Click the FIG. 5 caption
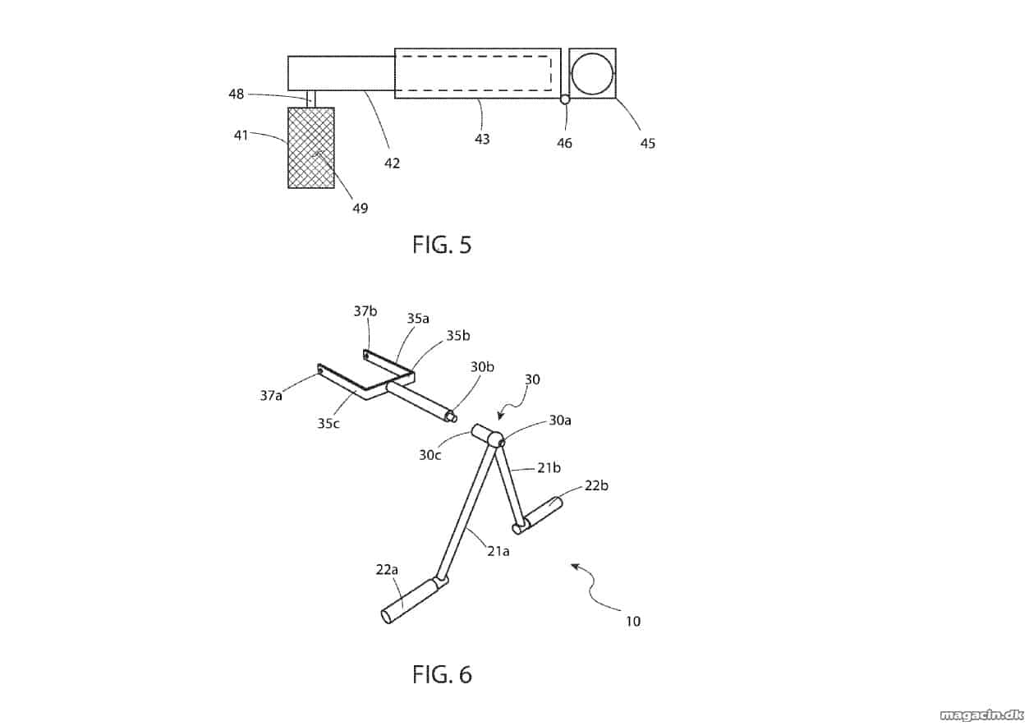click(x=442, y=245)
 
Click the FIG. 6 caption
click(x=442, y=674)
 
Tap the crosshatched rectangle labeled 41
click(x=311, y=148)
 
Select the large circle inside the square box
click(x=593, y=74)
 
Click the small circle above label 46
click(x=565, y=99)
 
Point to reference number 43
click(x=482, y=139)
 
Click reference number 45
click(x=648, y=144)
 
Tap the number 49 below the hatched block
click(x=361, y=208)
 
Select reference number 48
click(x=237, y=94)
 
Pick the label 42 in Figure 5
click(x=392, y=163)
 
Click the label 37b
click(x=365, y=311)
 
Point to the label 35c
click(x=328, y=423)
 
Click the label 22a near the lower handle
click(x=387, y=570)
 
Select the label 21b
click(x=549, y=468)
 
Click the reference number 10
click(x=633, y=621)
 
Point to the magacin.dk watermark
click(x=981, y=715)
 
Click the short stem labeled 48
click(x=311, y=99)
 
